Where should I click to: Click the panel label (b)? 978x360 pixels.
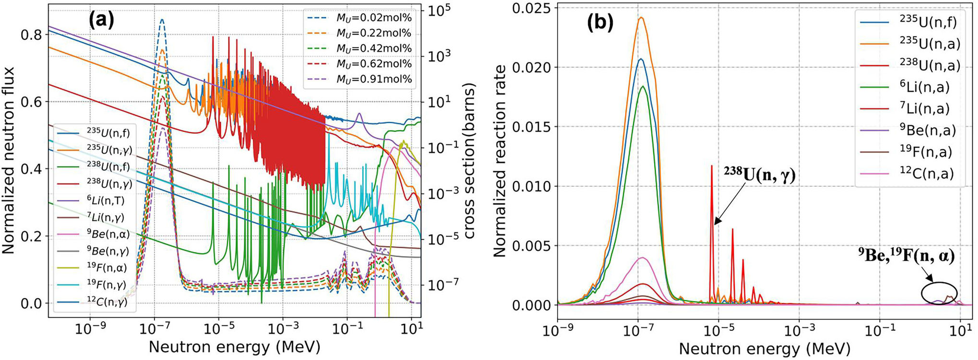point(600,23)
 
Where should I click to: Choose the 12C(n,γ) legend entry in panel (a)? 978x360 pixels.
point(107,302)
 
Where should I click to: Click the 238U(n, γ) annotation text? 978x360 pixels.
point(759,175)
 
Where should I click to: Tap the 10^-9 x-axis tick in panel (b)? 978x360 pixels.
point(558,332)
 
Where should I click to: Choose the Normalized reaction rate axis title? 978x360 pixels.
point(500,161)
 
